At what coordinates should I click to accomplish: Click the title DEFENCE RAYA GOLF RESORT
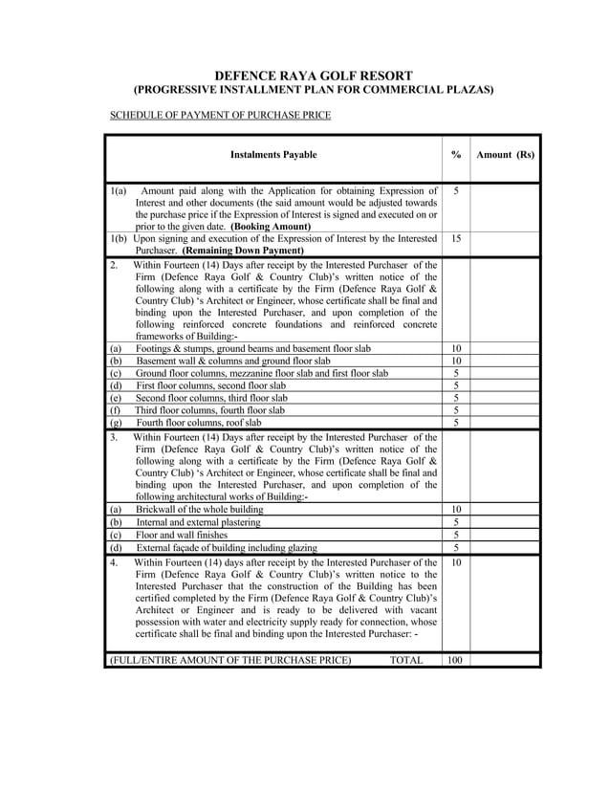tap(313, 75)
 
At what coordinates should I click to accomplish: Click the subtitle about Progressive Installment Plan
tap(313, 90)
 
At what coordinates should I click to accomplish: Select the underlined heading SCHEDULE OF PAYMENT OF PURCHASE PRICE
tap(220, 116)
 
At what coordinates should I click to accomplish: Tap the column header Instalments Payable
tap(273, 154)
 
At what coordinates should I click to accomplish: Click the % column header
tap(456, 154)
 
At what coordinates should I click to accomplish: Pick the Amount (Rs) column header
tap(505, 154)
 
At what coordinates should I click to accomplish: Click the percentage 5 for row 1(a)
tap(456, 191)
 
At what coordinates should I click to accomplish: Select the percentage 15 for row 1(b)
tap(456, 237)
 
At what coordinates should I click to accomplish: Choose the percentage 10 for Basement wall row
tap(456, 362)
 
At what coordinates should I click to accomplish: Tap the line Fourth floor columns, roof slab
tap(198, 422)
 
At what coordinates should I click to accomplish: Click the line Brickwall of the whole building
tap(199, 510)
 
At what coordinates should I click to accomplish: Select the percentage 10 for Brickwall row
tap(456, 510)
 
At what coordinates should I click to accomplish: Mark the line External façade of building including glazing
tap(227, 547)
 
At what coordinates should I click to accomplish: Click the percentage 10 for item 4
tap(456, 562)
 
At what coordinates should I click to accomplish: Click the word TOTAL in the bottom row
tap(406, 660)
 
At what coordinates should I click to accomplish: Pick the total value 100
tap(456, 660)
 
